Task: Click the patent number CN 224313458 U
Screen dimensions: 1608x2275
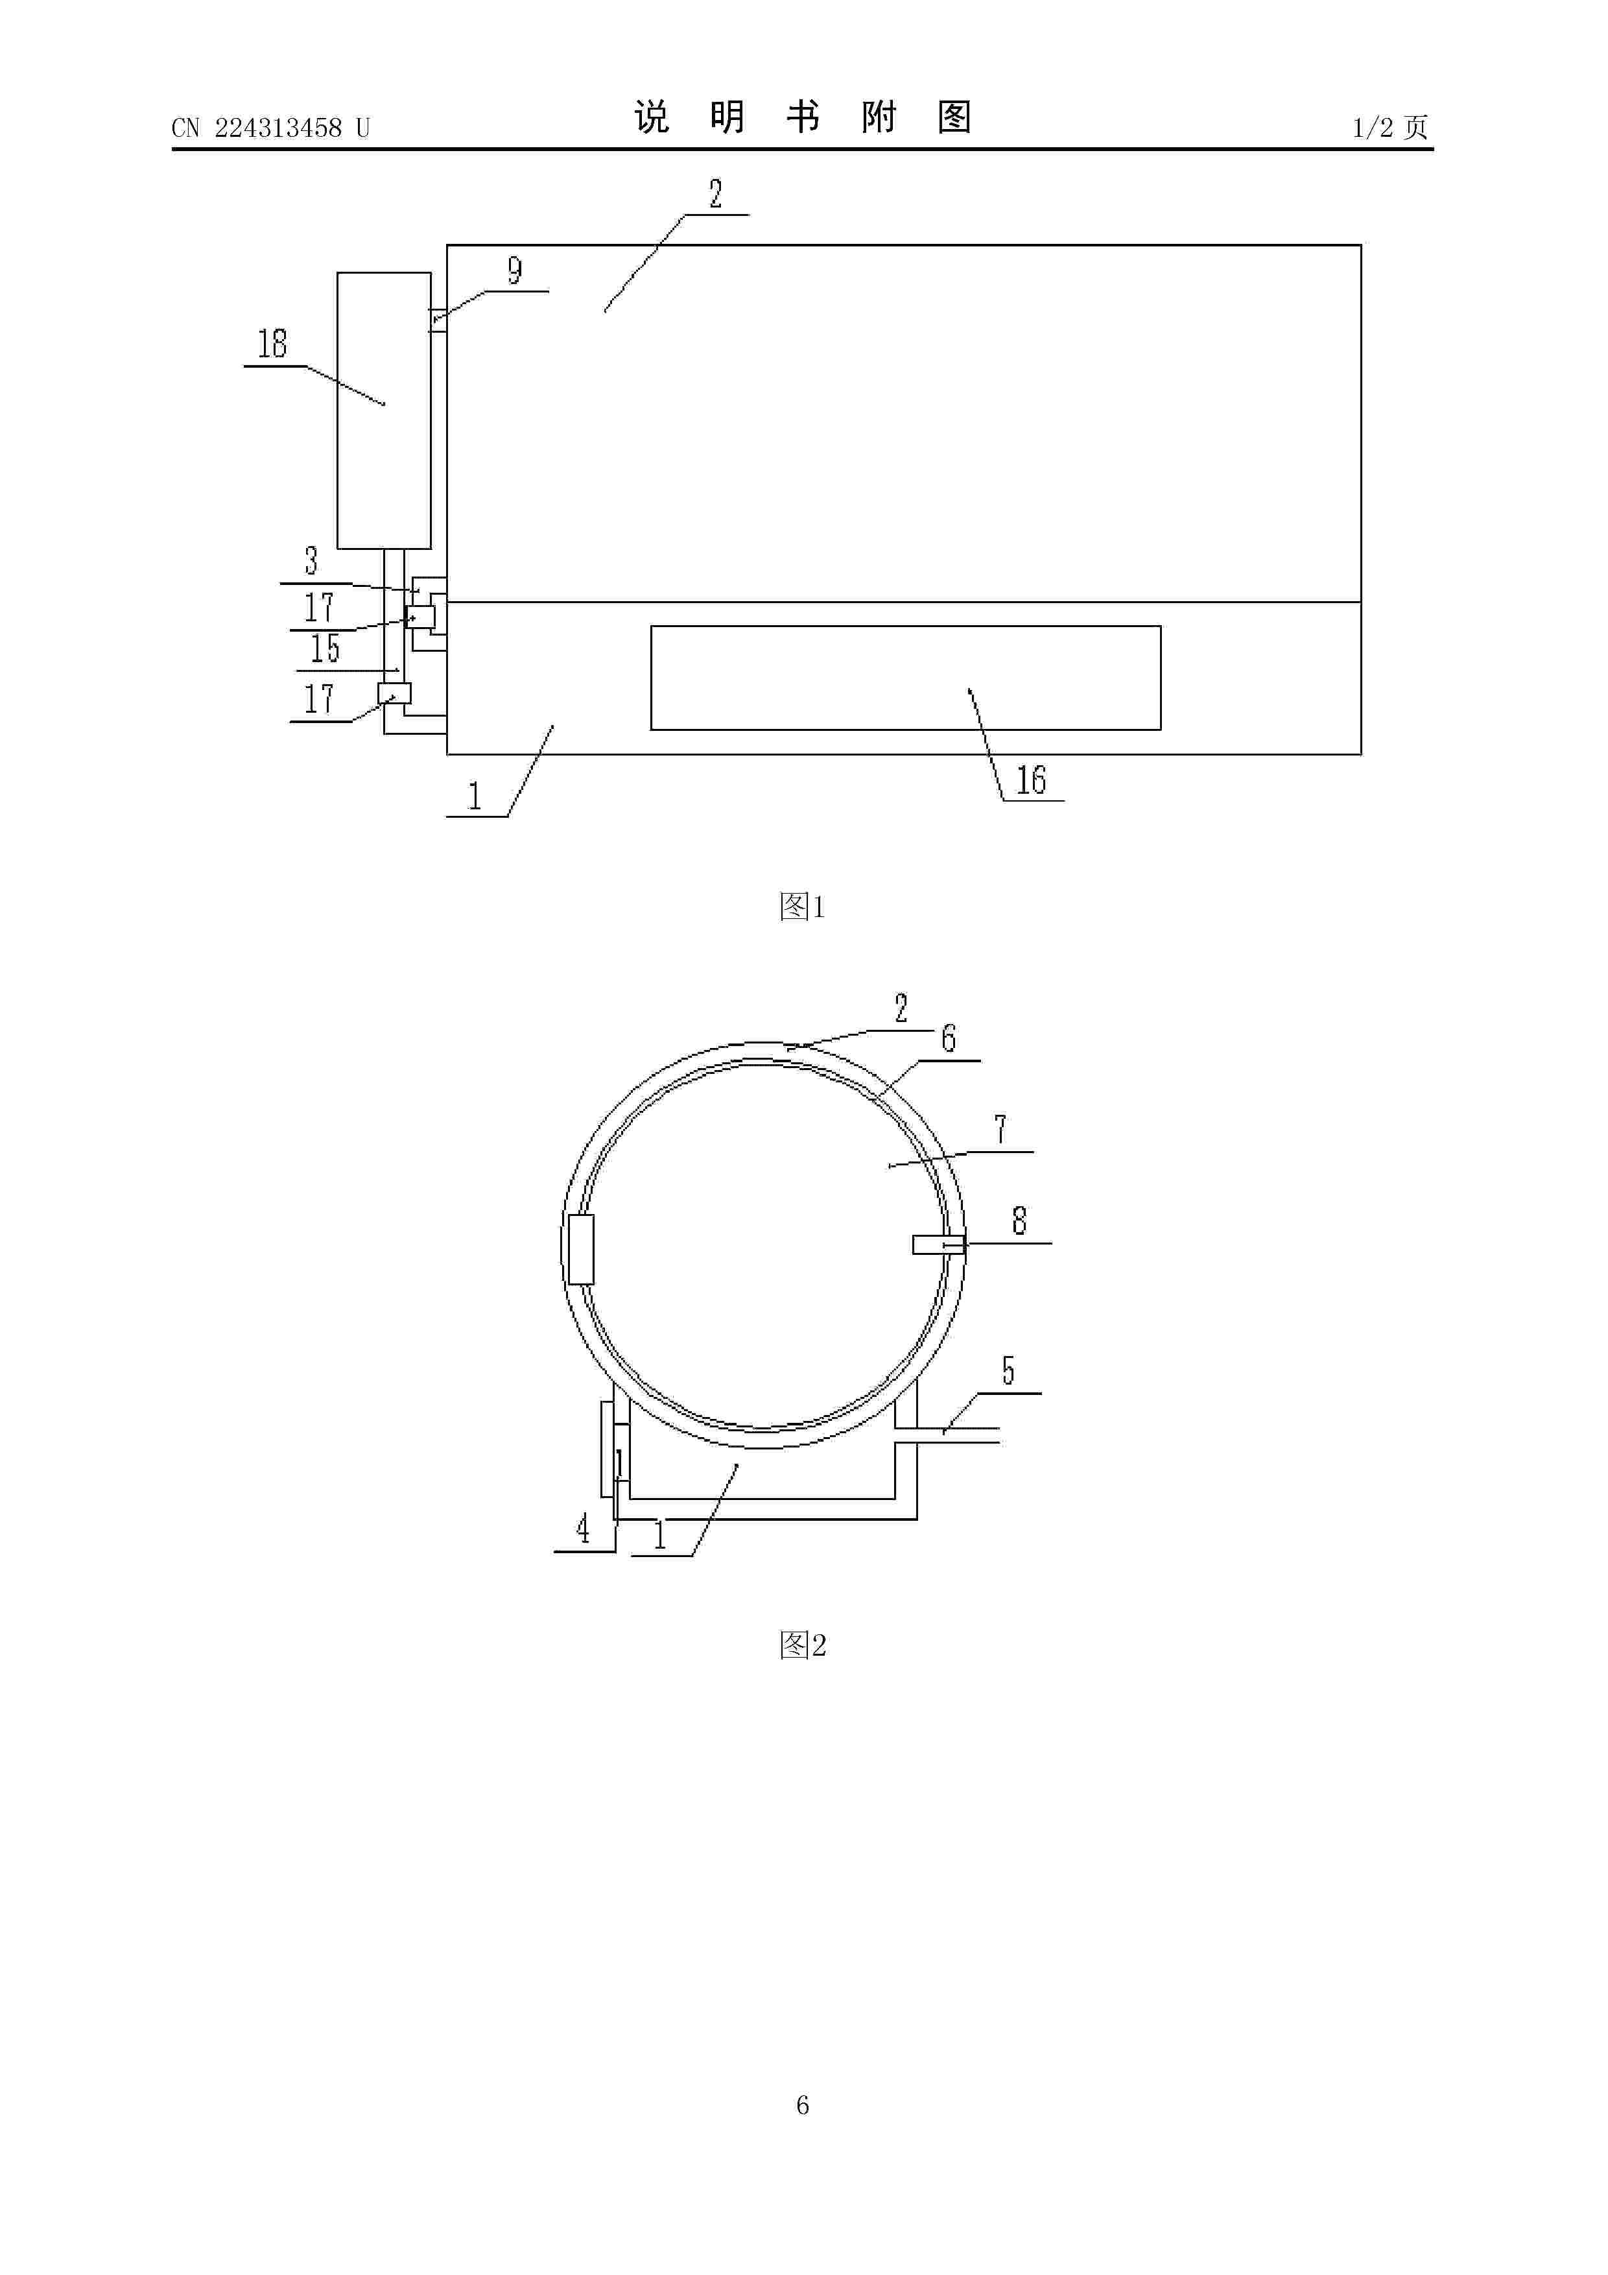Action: click(x=270, y=128)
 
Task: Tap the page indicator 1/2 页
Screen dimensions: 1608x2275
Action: click(x=1390, y=127)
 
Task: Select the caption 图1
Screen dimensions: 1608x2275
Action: click(x=803, y=905)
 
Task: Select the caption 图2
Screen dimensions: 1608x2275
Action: click(x=803, y=1645)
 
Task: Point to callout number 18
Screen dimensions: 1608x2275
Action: click(x=272, y=344)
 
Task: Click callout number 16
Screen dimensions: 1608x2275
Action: click(x=1030, y=780)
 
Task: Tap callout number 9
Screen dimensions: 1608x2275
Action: click(x=515, y=270)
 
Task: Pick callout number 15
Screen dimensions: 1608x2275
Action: click(x=325, y=648)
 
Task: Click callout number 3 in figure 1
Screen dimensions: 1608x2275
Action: click(x=311, y=561)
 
